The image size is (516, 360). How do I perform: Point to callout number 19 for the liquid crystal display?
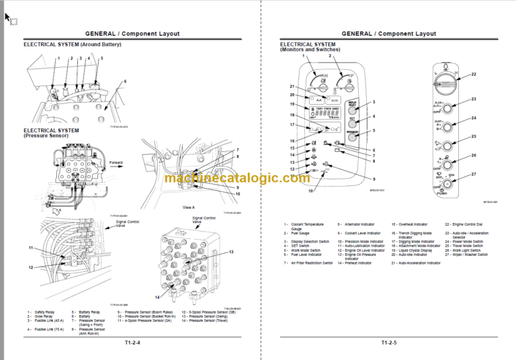292,105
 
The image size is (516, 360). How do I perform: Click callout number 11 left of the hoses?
30,248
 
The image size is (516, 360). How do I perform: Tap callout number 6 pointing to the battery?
124,81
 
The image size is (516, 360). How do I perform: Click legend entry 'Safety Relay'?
46,312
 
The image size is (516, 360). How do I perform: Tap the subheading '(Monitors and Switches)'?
310,50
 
